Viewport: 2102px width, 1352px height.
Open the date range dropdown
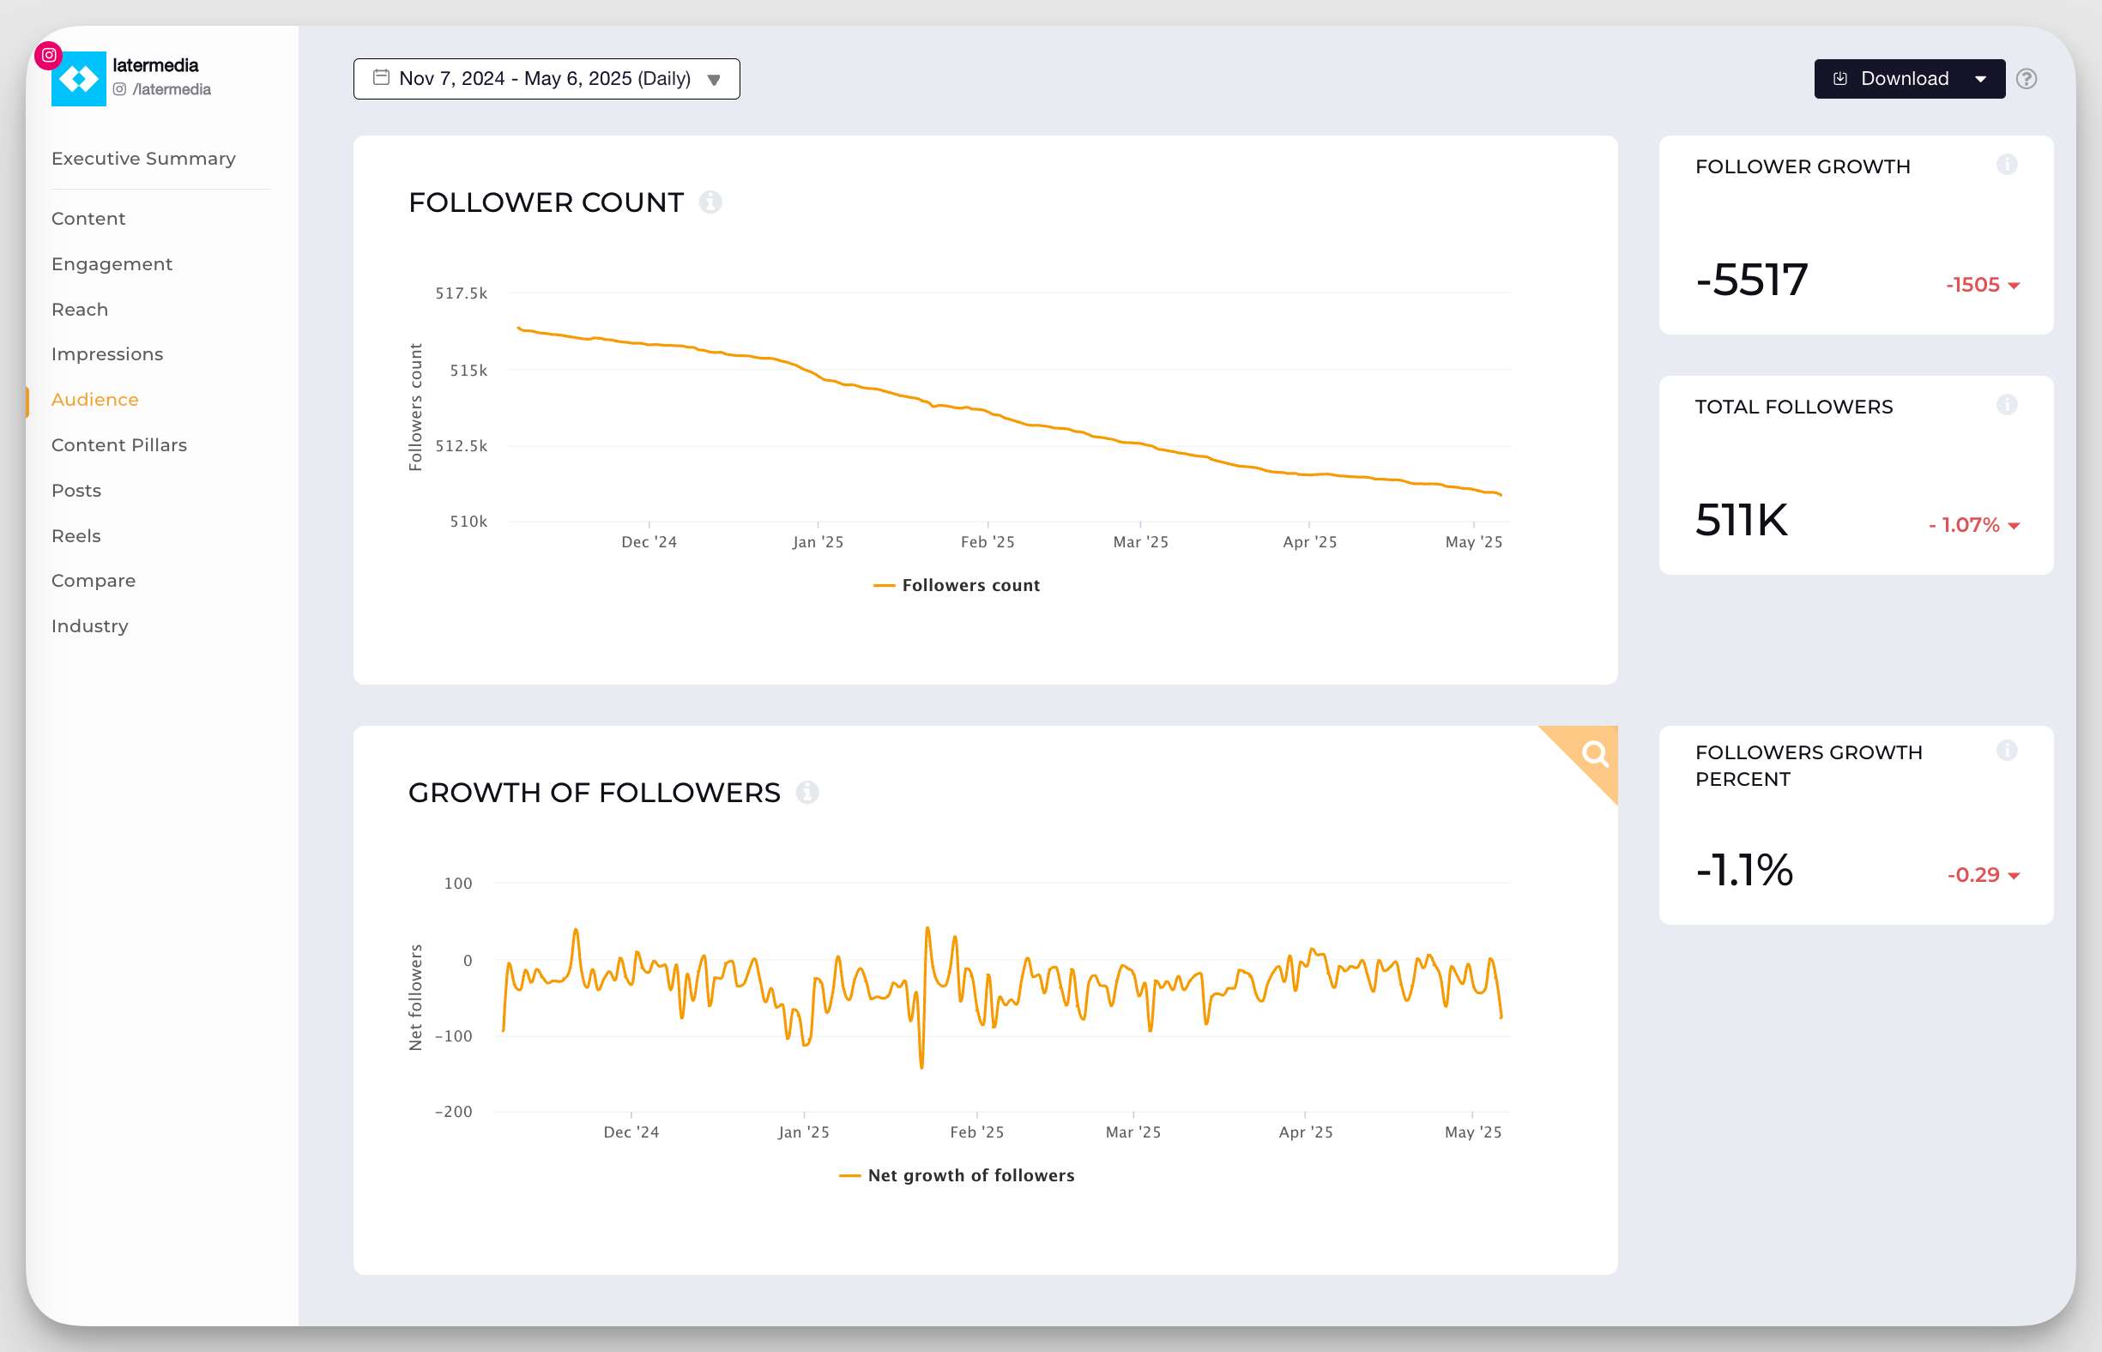(547, 79)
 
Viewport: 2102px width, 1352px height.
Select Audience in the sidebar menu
(95, 400)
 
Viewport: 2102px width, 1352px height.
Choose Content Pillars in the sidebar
(118, 445)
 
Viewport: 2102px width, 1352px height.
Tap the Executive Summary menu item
(143, 159)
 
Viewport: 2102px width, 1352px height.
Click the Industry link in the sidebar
(89, 626)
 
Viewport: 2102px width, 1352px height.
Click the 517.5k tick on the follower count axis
(461, 293)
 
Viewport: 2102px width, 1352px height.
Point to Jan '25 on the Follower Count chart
(818, 541)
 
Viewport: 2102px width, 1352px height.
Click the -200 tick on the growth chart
(453, 1112)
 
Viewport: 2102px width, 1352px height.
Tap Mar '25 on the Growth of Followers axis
(1133, 1132)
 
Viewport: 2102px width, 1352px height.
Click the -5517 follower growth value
(1752, 281)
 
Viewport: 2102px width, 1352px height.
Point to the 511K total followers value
(1741, 520)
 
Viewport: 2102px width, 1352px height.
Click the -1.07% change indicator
(1972, 525)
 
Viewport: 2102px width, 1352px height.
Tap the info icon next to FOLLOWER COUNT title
(710, 202)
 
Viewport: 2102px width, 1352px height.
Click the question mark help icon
(2026, 79)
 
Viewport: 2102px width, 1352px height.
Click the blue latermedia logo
(79, 79)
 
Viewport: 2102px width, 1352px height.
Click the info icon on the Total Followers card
(2006, 405)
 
